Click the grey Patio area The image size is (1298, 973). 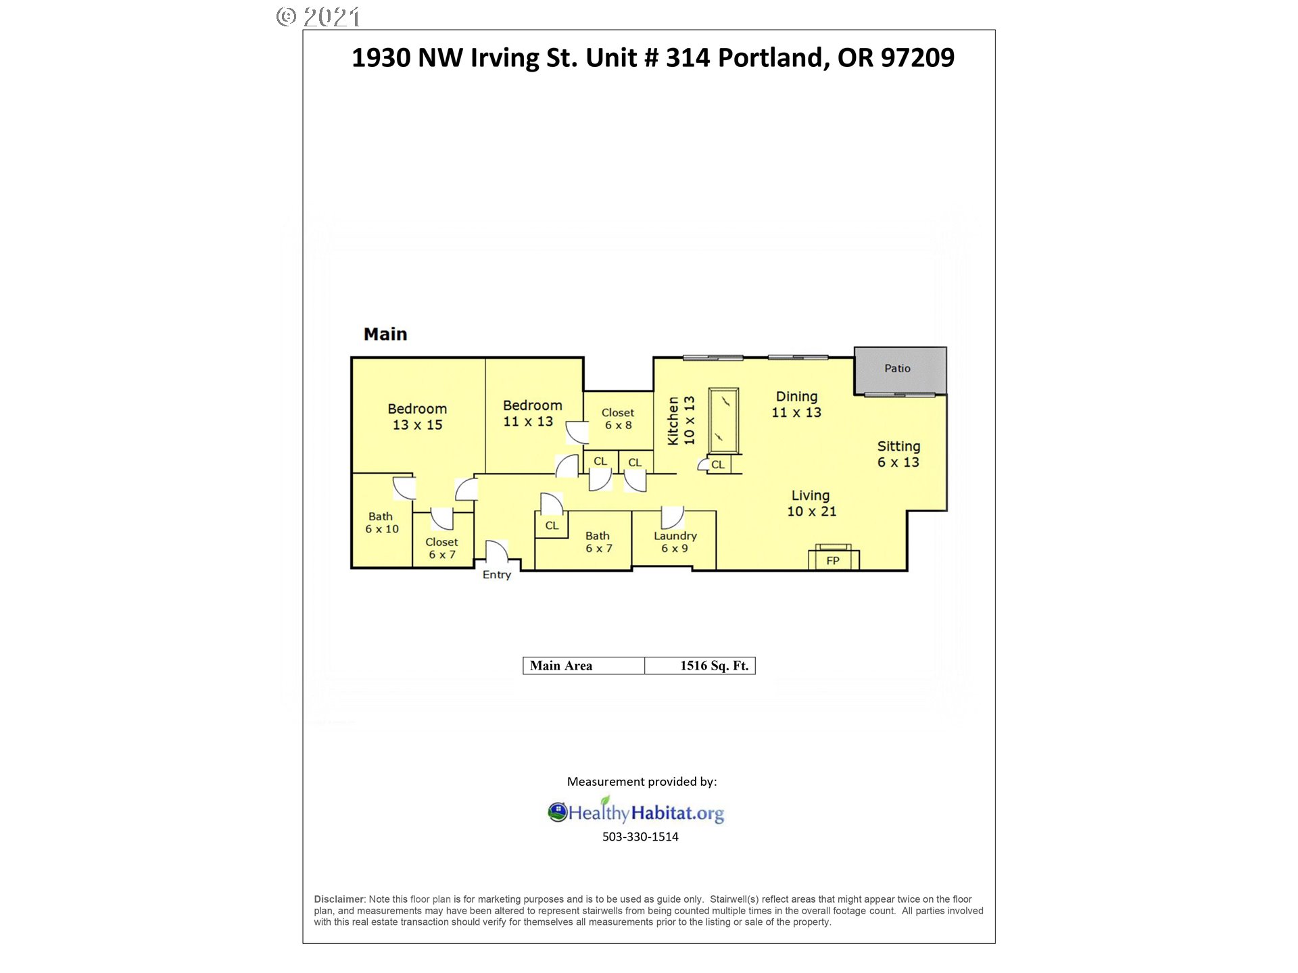click(900, 370)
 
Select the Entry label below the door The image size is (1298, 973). click(497, 575)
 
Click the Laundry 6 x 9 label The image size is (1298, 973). click(675, 542)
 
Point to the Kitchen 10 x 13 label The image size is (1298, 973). click(681, 420)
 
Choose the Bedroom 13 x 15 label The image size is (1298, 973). click(417, 417)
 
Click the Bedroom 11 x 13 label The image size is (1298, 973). click(532, 414)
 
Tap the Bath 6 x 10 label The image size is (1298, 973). click(382, 522)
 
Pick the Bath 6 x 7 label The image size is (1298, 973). click(598, 542)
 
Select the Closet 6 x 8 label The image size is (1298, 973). click(618, 419)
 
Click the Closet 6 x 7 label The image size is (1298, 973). click(441, 548)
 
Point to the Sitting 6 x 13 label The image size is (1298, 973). click(898, 454)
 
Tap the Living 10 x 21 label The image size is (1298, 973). click(811, 503)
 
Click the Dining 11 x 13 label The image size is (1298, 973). click(796, 404)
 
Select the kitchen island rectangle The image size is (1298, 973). click(723, 420)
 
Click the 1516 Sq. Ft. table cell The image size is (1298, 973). click(700, 666)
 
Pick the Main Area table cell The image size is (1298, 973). click(584, 666)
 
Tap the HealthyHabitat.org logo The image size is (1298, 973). click(635, 811)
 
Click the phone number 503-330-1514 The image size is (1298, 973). click(640, 837)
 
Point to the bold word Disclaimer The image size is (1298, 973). click(339, 899)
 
